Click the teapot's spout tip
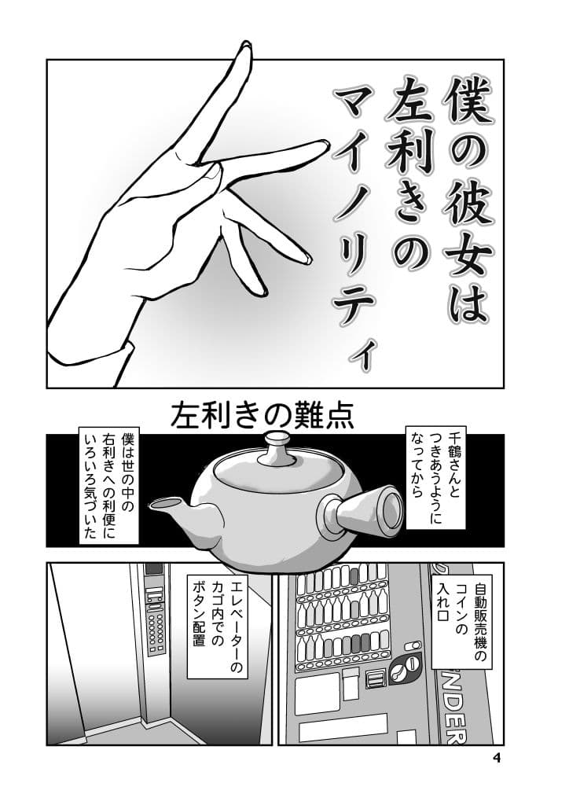click(x=155, y=502)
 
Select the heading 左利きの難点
click(x=262, y=414)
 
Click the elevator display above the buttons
click(x=154, y=568)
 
